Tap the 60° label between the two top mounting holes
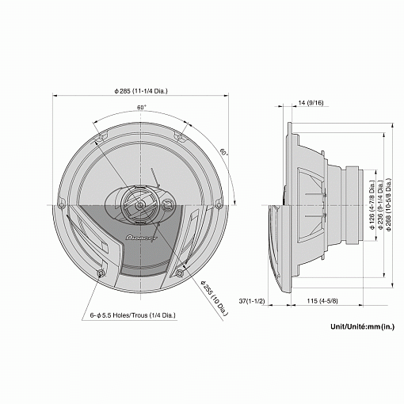coord(142,107)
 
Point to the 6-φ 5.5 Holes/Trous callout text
coord(133,314)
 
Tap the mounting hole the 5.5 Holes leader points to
coord(101,274)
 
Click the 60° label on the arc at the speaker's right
coord(224,151)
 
